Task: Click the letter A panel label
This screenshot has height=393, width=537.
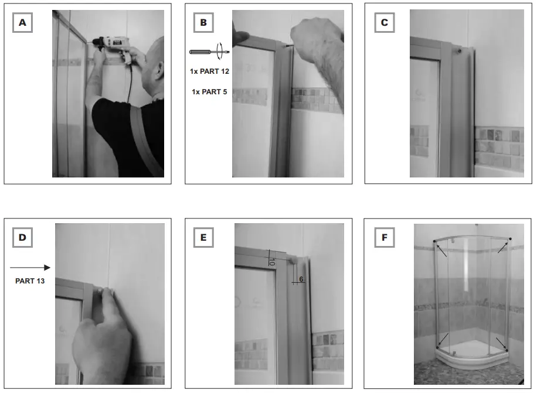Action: point(23,23)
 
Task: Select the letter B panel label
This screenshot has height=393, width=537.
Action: point(203,23)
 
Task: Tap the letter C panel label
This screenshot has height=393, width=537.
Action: point(384,23)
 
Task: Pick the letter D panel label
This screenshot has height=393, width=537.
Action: point(23,237)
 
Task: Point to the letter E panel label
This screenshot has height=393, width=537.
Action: point(203,237)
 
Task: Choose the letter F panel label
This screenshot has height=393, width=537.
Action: point(384,237)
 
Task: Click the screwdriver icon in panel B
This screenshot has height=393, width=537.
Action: point(209,52)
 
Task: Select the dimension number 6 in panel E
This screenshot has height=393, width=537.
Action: point(301,280)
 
